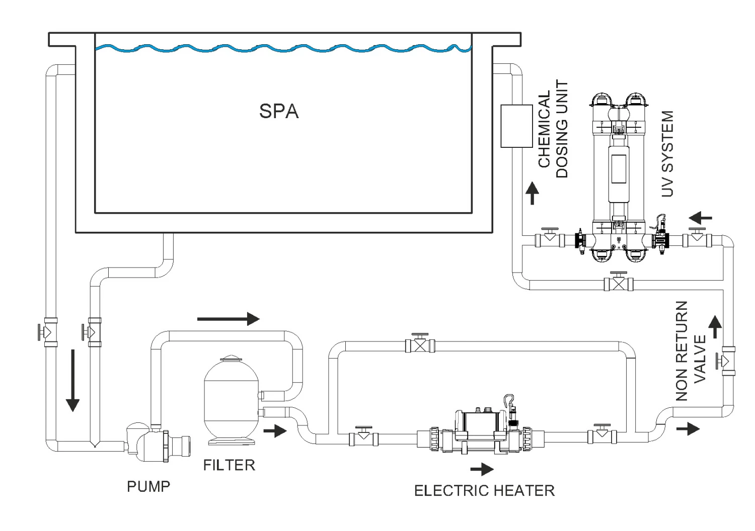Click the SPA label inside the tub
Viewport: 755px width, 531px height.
pos(279,112)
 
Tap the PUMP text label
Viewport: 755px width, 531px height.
pos(148,486)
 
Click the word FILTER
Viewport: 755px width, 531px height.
pos(229,465)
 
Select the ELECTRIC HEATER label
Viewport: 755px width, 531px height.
pos(484,490)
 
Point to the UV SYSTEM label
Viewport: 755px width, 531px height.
pos(667,154)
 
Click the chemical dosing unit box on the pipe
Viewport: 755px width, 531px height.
pos(516,126)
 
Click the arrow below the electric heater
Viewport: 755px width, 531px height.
pos(482,470)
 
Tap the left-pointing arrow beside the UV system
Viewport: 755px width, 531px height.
pos(701,218)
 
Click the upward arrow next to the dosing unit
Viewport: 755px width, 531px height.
pos(533,194)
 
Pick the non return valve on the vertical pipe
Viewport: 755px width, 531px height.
pos(727,361)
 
